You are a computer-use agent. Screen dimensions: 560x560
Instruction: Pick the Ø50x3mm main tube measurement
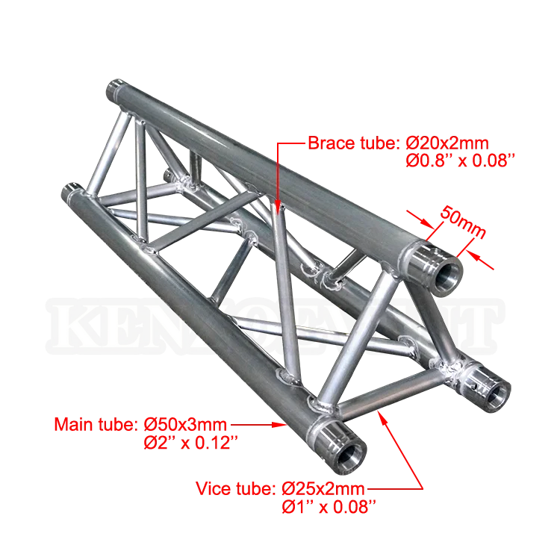pyautogui.click(x=190, y=426)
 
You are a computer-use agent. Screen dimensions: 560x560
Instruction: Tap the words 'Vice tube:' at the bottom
pyautogui.click(x=237, y=490)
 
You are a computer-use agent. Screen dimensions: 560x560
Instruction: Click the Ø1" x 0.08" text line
pyautogui.click(x=328, y=506)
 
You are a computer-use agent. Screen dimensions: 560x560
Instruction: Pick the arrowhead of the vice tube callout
pyautogui.click(x=382, y=415)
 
